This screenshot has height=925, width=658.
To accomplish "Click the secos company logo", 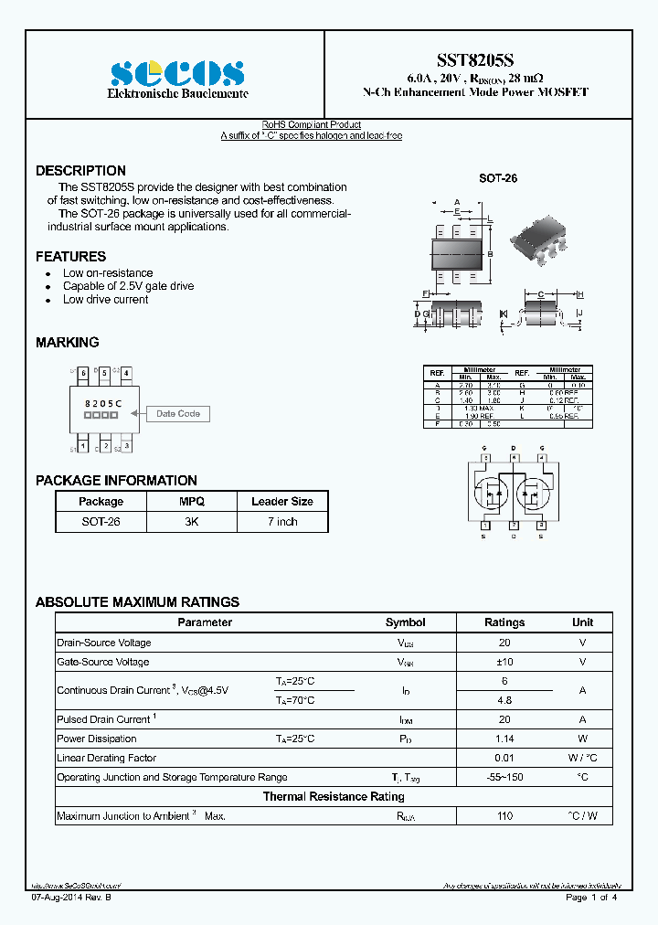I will [177, 73].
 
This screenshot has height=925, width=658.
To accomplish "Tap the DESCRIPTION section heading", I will [80, 171].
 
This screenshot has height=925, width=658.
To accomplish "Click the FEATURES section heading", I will [70, 257].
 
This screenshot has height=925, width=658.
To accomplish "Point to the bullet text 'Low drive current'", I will [105, 300].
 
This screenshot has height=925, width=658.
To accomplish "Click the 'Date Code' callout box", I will [178, 414].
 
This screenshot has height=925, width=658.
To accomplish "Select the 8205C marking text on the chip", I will [101, 403].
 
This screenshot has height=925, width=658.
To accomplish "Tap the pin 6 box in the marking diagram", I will [83, 374].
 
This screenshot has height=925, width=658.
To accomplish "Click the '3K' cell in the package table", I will [191, 522].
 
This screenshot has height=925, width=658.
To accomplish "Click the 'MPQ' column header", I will [191, 502].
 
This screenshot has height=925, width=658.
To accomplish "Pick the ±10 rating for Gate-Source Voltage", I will [504, 662].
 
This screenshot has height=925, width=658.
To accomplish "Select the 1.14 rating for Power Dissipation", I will [504, 739].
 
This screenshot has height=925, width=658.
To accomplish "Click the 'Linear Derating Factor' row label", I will [106, 758].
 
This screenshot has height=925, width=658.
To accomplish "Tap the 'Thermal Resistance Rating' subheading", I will [334, 797].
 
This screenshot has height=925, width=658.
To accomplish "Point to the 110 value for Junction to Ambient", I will [504, 815].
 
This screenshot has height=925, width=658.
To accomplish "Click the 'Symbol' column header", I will [405, 622].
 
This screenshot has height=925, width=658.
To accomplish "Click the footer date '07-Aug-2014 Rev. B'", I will [73, 898].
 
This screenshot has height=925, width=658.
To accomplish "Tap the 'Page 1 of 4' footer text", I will [591, 898].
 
